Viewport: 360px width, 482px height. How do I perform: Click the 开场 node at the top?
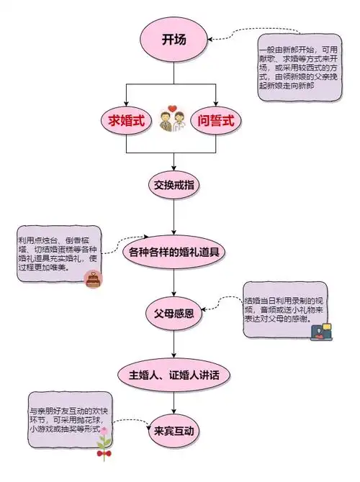pos(174,40)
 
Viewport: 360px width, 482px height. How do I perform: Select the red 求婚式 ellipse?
pos(127,120)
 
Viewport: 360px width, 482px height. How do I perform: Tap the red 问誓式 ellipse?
pos(216,120)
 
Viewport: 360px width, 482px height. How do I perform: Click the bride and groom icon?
pos(171,119)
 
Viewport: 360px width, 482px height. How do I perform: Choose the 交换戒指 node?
pos(173,185)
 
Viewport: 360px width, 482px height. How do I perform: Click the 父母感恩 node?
pos(174,314)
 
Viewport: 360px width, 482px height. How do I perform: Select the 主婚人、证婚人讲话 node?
pos(173,375)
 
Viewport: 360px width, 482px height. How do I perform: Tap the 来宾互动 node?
pos(173,432)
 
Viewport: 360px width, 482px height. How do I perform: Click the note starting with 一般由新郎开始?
pos(298,71)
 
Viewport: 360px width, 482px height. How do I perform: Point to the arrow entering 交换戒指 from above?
pos(173,162)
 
